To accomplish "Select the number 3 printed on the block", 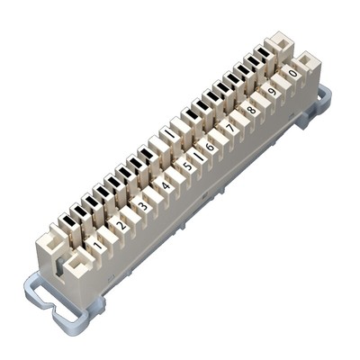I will [143, 206].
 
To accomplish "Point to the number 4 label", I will [166, 186].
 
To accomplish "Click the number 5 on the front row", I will [187, 166].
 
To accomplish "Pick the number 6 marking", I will [210, 147].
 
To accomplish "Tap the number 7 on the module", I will [230, 128].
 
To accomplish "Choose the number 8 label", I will [251, 109].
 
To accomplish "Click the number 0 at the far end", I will [292, 72].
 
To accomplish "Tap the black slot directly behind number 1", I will [67, 221].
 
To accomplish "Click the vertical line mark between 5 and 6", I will [198, 157].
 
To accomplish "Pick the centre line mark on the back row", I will [168, 135].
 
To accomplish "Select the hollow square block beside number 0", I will [309, 63].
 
